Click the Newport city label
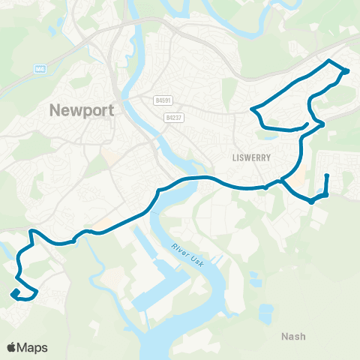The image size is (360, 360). pos(82,110)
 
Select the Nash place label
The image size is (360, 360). pos(293,336)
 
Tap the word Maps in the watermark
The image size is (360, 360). pos(33,347)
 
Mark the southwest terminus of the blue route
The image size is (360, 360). pos(13,293)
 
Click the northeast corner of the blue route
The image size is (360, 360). pos(346,71)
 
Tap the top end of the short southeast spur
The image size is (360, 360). pos(327,175)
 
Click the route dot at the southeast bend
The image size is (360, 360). pos(310,201)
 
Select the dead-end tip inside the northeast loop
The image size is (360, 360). pos(307,124)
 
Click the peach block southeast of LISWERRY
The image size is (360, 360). pos(298,181)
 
